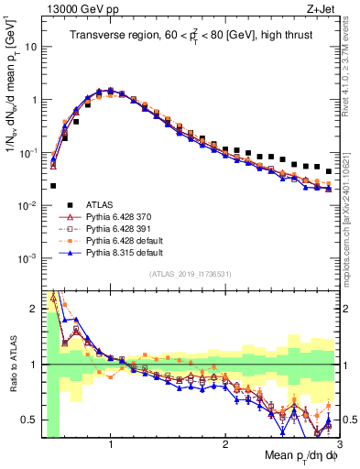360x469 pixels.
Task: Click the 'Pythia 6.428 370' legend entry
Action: click(115, 218)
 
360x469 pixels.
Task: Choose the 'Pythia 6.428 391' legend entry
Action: click(115, 230)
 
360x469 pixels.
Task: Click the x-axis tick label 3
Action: click(340, 443)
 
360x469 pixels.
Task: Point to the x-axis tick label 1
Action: click(111, 443)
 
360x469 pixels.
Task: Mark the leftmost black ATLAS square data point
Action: click(53, 186)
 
